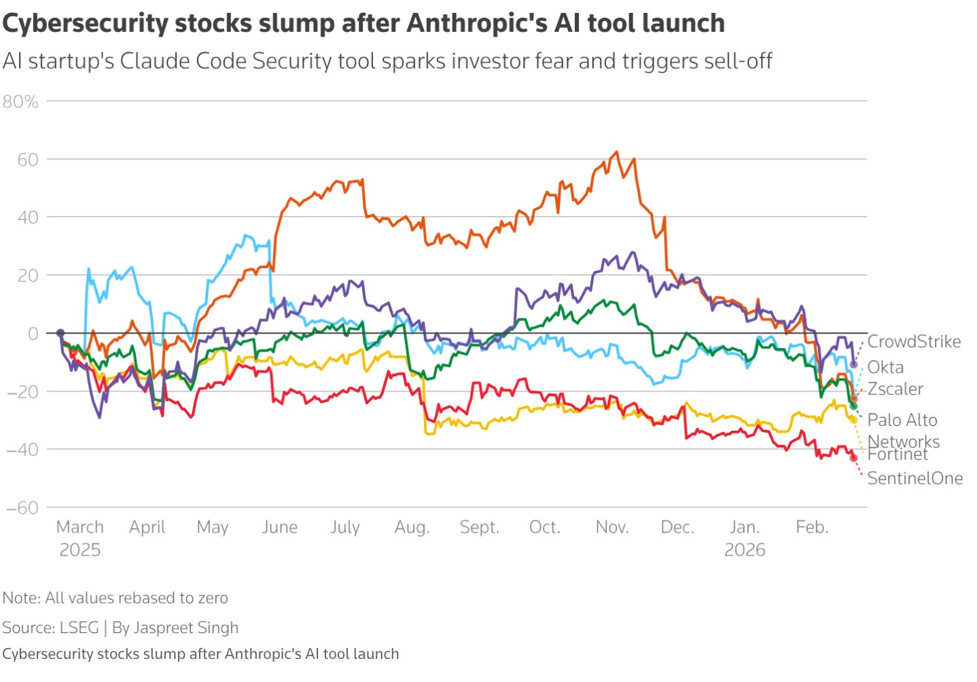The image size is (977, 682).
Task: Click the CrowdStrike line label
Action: coord(914,342)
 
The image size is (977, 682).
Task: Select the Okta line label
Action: coord(885,367)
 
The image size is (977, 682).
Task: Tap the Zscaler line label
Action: coord(895,389)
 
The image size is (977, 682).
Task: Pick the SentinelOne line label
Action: coord(914,478)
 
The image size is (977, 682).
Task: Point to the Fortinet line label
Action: coord(898,454)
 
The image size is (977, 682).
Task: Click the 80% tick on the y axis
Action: coord(20,102)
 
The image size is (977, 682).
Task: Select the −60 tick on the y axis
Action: coord(22,507)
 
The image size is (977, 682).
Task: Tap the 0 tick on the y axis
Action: coord(33,334)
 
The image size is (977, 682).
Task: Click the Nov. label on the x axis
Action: coord(612,527)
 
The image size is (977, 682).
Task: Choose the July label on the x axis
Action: coord(344,527)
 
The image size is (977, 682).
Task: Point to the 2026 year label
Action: coord(745,550)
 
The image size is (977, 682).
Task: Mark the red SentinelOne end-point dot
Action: coord(853,458)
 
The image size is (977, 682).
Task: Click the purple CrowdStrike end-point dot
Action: coord(853,365)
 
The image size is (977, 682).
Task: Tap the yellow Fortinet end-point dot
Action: coord(853,420)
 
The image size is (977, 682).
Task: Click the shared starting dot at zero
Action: coord(60,333)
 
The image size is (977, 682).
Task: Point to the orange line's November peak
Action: coord(617,151)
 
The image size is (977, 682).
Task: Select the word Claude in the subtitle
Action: coord(154,60)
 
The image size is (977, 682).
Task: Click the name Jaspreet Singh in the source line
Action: coord(186,628)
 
